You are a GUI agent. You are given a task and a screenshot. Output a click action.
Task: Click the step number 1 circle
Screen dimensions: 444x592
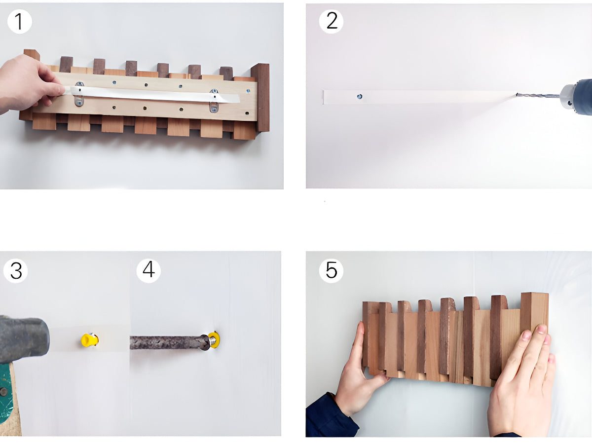point(20,22)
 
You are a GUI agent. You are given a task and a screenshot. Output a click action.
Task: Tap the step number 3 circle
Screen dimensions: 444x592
point(16,271)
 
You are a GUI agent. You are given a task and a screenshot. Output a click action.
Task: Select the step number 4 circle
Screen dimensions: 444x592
point(148,271)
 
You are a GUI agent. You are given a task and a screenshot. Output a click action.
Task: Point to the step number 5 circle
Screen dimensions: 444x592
point(332,271)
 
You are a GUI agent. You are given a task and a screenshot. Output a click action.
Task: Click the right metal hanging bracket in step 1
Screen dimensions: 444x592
point(214,102)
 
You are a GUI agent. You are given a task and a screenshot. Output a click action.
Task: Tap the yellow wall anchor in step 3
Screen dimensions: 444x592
point(89,340)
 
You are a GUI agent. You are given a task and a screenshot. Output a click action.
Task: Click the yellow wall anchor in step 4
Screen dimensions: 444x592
point(214,339)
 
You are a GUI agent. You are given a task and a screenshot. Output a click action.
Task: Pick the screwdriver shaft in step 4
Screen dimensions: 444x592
point(165,342)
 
